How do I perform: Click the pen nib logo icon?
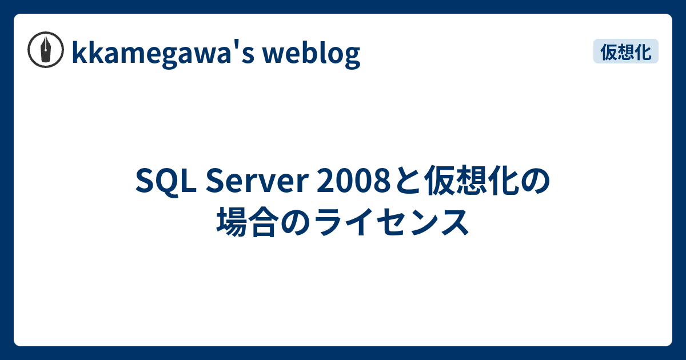pos(46,50)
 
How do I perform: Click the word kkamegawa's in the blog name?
pos(163,54)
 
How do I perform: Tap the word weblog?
pos(312,54)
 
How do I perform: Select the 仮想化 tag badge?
pos(625,51)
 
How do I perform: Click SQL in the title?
pos(166,181)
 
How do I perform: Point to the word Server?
pos(257,181)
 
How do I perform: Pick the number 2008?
pos(353,181)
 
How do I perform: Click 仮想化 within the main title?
pos(471,181)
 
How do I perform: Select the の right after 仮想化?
pos(535,181)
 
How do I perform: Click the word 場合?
pos(248,222)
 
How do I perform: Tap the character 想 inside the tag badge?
pos(625,51)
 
